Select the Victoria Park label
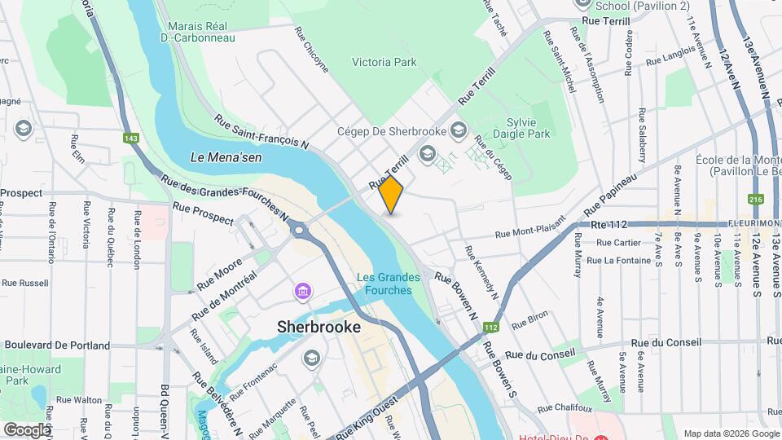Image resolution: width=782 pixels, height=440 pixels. pyautogui.click(x=384, y=62)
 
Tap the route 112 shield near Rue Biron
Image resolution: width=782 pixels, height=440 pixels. pyautogui.click(x=490, y=328)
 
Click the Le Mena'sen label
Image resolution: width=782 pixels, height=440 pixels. pyautogui.click(x=226, y=157)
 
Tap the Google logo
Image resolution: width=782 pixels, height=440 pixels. pyautogui.click(x=27, y=429)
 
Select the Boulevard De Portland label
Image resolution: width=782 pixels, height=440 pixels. pyautogui.click(x=57, y=345)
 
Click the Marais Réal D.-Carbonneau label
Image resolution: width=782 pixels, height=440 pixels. pyautogui.click(x=198, y=31)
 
